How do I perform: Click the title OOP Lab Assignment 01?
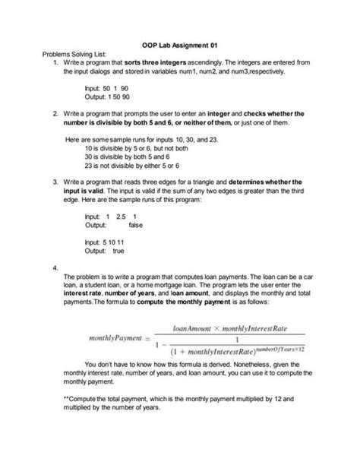click(x=180, y=44)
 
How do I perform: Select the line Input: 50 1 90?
click(x=106, y=88)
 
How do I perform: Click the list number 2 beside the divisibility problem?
click(x=56, y=113)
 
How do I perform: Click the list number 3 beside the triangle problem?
click(x=56, y=182)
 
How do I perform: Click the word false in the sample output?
click(x=135, y=225)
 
